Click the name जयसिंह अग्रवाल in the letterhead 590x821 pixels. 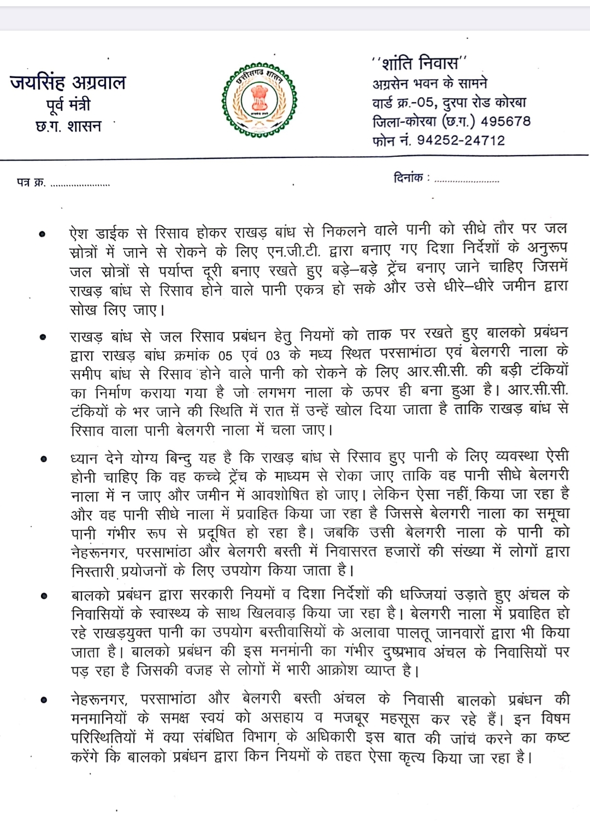pos(68,82)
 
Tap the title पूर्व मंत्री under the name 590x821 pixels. pos(68,104)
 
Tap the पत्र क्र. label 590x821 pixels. pos(31,182)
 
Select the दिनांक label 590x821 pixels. pos(409,178)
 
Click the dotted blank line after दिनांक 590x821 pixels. pos(467,180)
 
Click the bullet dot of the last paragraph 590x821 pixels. pos(42,700)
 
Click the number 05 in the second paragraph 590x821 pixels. pos(225,356)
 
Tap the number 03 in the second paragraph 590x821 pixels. pos(273,356)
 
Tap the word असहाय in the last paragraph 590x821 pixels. pos(286,719)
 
